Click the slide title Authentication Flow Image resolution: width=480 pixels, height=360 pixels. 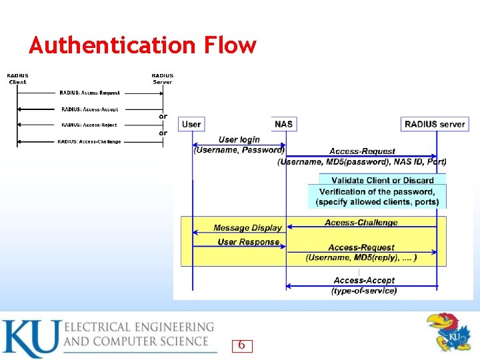(142, 45)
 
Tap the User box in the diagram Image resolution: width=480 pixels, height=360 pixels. (191, 124)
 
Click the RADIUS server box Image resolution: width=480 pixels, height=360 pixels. (435, 124)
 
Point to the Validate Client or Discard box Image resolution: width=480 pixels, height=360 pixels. (383, 180)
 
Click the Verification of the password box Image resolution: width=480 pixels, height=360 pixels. (377, 197)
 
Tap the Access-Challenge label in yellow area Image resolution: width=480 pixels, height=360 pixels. (361, 223)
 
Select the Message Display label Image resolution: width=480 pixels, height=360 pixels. (248, 228)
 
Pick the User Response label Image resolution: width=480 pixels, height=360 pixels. (249, 242)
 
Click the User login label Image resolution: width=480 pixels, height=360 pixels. (239, 139)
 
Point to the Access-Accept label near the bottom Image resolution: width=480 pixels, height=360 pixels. (364, 281)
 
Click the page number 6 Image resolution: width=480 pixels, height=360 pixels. (241, 345)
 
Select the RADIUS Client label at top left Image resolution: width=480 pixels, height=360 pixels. (18, 79)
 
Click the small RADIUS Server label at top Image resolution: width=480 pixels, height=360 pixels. (162, 79)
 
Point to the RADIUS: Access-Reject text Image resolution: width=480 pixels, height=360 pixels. (89, 125)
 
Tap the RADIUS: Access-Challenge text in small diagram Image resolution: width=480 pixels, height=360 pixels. (89, 141)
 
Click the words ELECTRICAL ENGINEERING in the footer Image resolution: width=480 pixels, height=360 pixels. (139, 327)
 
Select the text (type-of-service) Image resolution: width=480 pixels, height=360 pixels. (364, 291)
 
